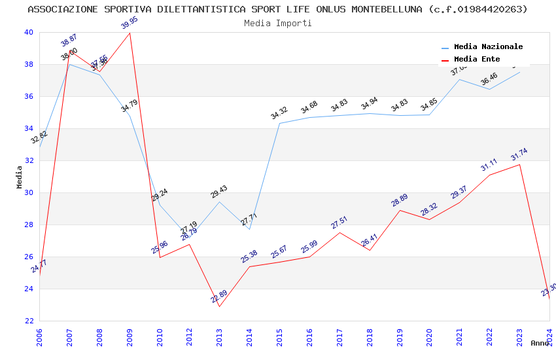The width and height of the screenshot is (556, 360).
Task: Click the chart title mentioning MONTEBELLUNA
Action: click(277, 9)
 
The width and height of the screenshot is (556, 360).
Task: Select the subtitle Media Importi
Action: click(277, 23)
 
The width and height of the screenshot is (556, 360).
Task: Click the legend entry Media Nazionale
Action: click(488, 47)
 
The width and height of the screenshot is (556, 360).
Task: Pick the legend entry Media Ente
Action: click(477, 60)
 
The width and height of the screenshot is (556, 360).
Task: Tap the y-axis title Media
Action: click(19, 177)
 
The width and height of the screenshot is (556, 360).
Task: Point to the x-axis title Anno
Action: click(540, 343)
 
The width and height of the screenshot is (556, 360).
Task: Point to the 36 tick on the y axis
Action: click(29, 96)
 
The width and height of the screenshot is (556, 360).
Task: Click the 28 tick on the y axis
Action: click(29, 225)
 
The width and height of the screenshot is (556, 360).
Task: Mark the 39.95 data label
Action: click(130, 24)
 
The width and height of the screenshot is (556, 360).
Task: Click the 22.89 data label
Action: click(219, 297)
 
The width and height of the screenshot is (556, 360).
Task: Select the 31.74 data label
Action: click(519, 154)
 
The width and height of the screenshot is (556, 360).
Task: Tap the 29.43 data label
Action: click(219, 192)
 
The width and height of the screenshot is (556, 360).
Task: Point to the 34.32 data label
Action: click(279, 114)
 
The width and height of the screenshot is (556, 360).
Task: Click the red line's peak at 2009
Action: click(130, 33)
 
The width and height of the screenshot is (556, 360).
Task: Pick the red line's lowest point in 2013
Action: click(220, 306)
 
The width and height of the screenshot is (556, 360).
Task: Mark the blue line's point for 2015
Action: click(279, 123)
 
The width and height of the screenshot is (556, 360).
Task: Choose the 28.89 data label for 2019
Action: click(400, 200)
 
